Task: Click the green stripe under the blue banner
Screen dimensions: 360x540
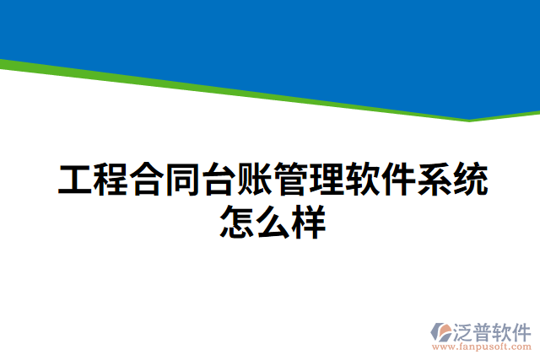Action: [253, 92]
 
